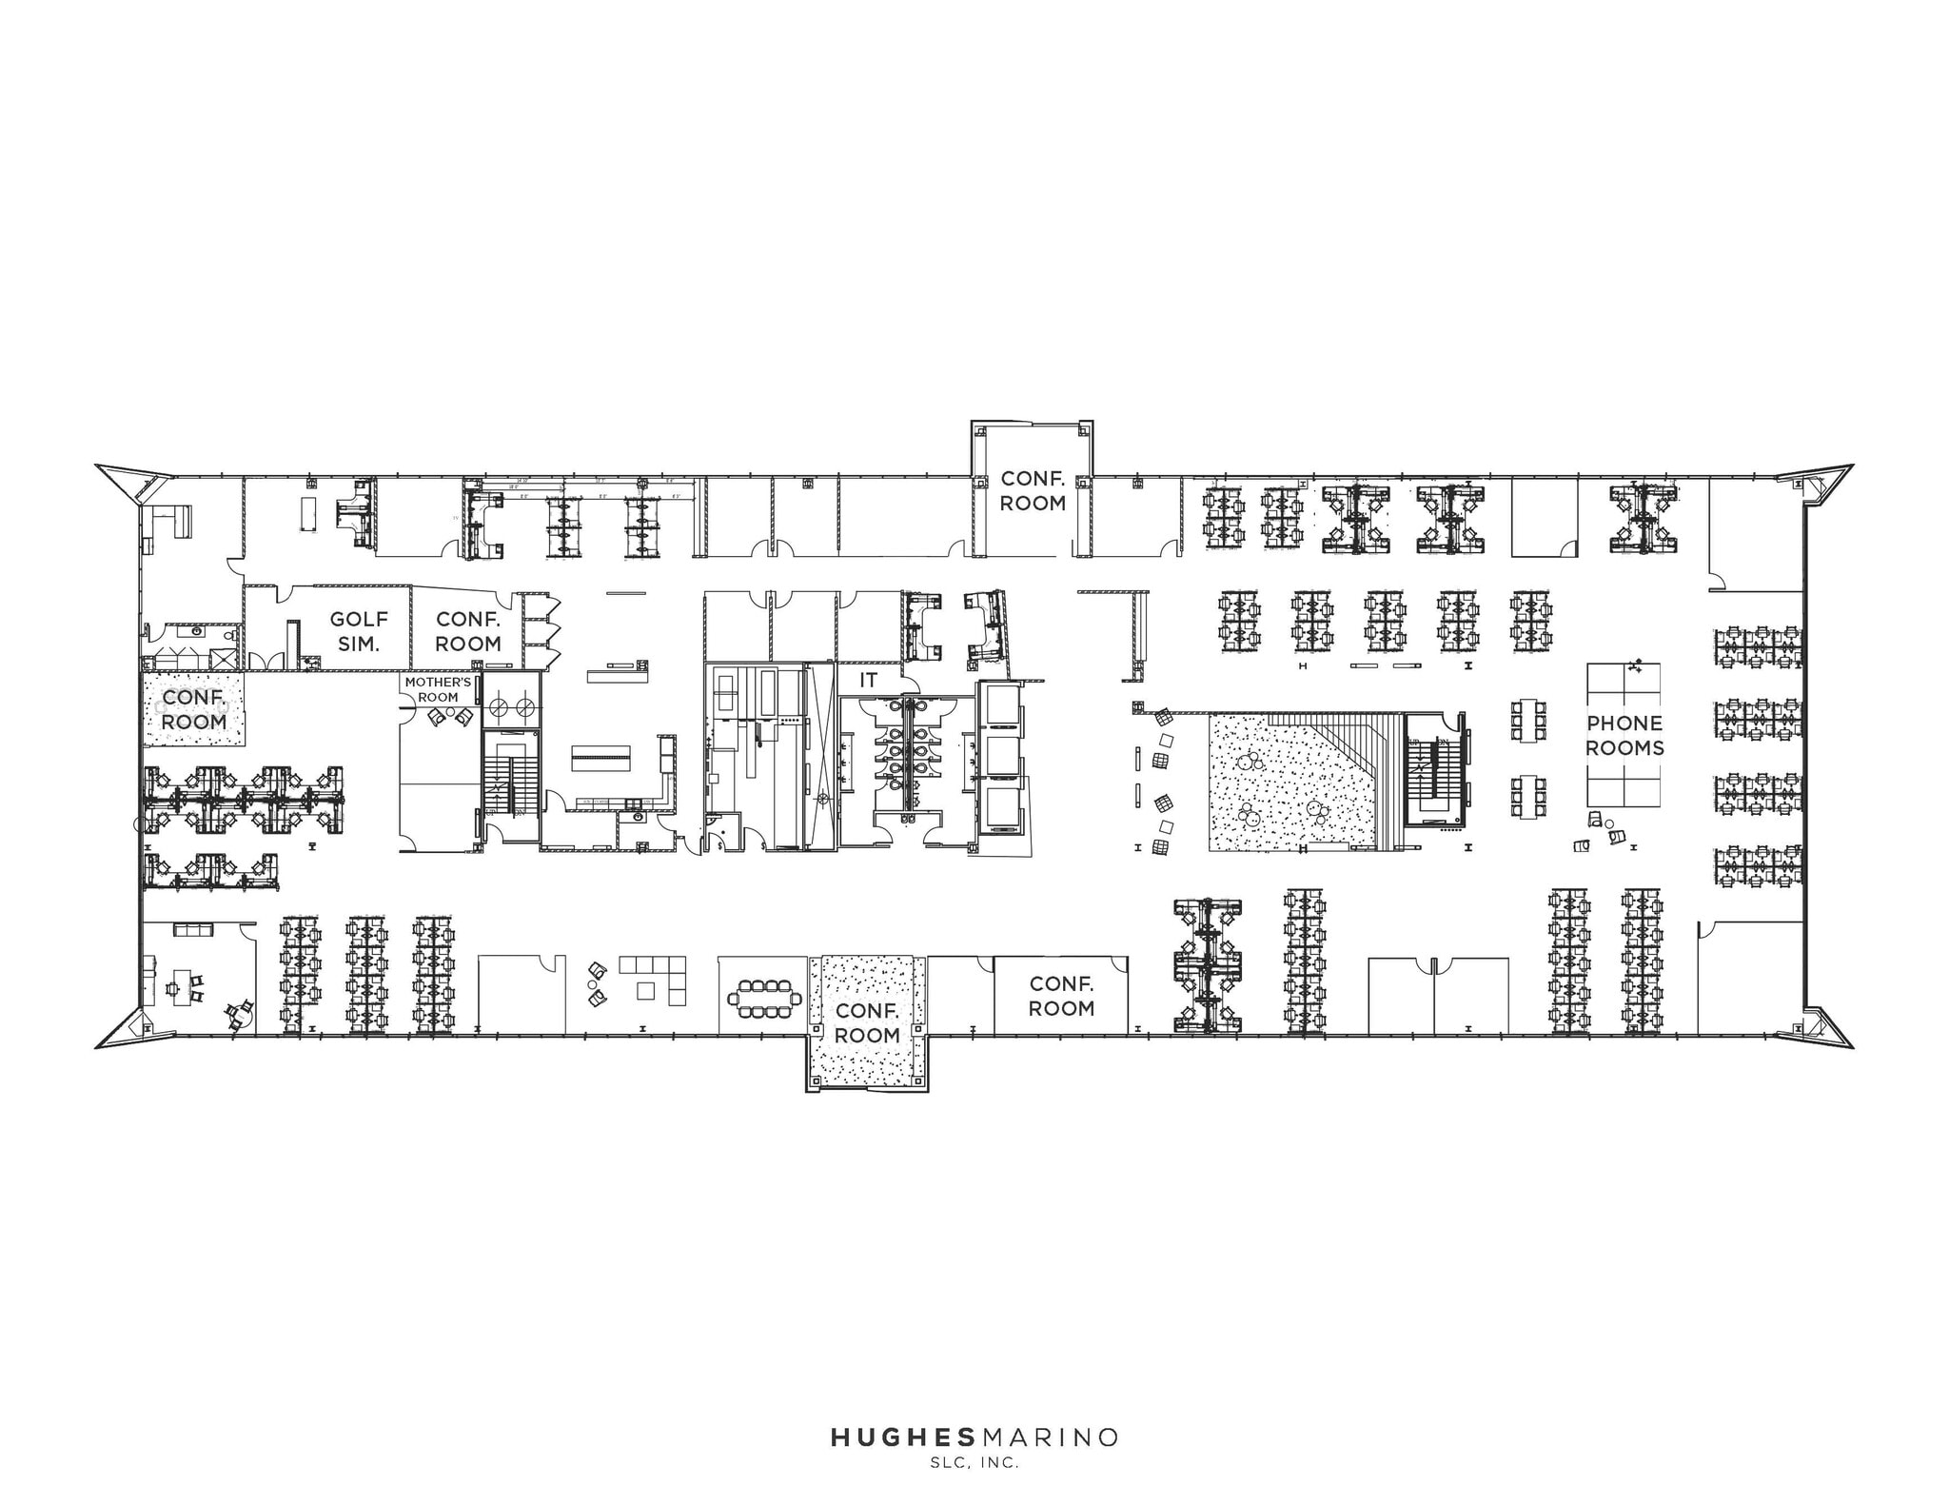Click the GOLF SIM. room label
click(359, 631)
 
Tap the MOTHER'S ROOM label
click(438, 689)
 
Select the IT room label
click(868, 680)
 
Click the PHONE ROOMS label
click(1624, 735)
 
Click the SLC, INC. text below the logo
click(974, 1464)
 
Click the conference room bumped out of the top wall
click(1033, 490)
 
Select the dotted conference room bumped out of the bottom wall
click(867, 1023)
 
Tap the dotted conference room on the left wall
click(194, 709)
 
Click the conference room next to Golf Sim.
click(467, 631)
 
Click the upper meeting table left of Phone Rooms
click(1528, 720)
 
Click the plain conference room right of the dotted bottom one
click(1061, 996)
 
